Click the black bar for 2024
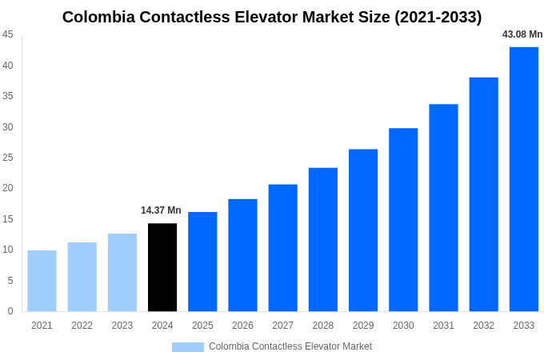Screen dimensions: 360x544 click(162, 267)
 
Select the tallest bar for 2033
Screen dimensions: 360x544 click(524, 179)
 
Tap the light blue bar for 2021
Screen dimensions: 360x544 click(42, 281)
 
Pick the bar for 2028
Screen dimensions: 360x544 click(323, 239)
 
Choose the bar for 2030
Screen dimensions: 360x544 click(403, 220)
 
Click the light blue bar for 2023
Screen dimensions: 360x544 click(122, 272)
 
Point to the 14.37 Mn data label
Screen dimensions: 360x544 click(161, 210)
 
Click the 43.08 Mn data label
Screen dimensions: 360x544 click(522, 34)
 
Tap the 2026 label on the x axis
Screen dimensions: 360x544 click(242, 326)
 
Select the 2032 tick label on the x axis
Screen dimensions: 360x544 click(483, 326)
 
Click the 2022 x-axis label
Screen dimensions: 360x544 click(82, 326)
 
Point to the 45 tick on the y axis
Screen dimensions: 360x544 click(7, 34)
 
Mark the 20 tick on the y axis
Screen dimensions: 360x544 click(7, 188)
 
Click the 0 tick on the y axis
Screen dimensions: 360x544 click(10, 311)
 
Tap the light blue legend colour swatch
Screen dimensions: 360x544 click(187, 347)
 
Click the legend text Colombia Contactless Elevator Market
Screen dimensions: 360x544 click(290, 346)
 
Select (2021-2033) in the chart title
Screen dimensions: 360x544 click(438, 17)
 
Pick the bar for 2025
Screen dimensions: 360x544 click(202, 262)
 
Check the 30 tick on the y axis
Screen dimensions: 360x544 click(7, 126)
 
